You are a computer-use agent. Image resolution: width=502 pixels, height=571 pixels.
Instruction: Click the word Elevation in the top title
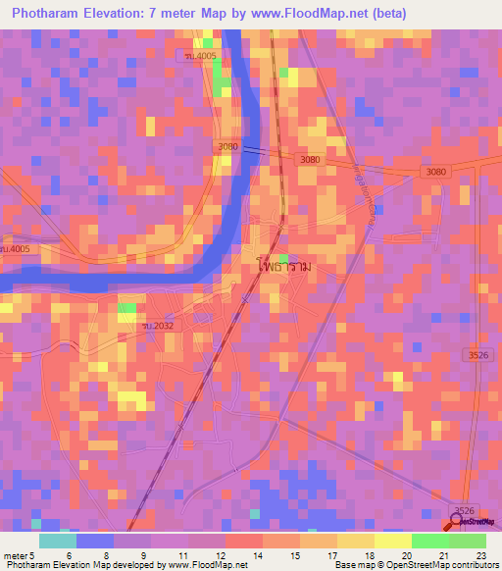[x=120, y=14]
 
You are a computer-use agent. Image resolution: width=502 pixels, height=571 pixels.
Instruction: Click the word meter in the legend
[x=15, y=554]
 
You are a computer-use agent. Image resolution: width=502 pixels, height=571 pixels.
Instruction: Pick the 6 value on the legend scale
[x=68, y=554]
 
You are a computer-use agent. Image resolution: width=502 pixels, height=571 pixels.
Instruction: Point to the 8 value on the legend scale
[x=106, y=554]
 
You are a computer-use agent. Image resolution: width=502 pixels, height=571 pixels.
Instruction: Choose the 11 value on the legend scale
[x=181, y=554]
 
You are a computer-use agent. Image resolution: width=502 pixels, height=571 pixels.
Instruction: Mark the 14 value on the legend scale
[x=257, y=554]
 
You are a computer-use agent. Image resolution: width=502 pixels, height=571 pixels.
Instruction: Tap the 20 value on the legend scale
[x=406, y=554]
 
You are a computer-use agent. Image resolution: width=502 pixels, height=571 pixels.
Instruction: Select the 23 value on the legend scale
[x=480, y=554]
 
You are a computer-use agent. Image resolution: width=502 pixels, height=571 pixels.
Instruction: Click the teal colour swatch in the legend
[x=58, y=541]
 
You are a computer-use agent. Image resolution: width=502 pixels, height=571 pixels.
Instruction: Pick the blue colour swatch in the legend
[x=95, y=541]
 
